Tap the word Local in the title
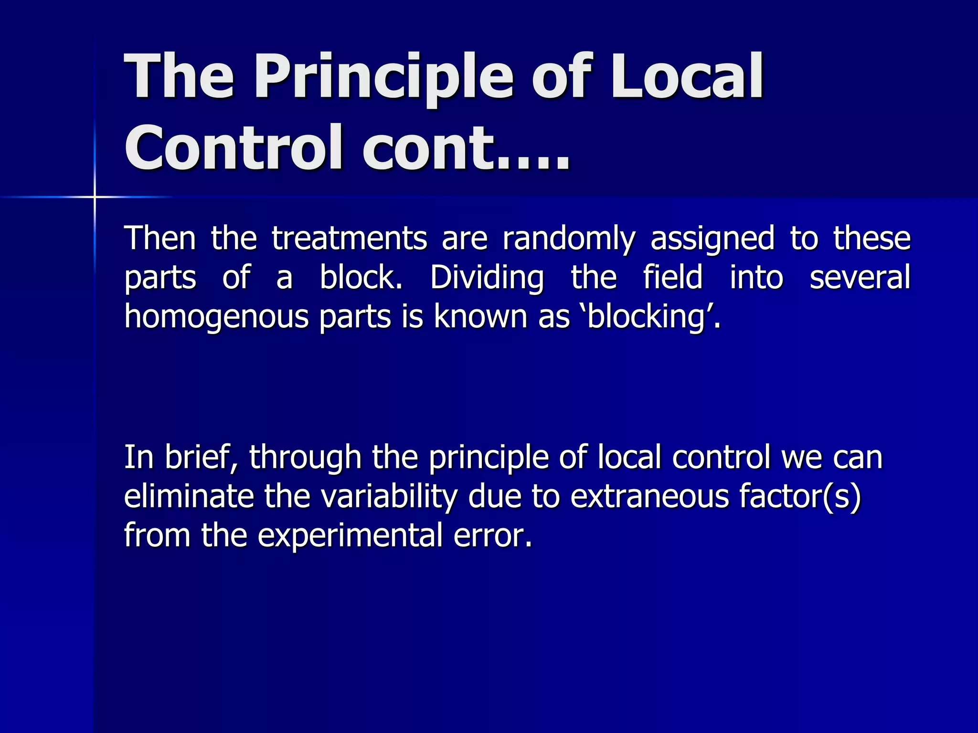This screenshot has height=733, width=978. click(x=688, y=76)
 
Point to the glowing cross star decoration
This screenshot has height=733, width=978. click(x=95, y=197)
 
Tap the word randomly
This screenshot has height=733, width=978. click(x=569, y=239)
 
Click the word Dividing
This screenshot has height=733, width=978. click(x=487, y=278)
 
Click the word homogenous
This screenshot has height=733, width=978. click(x=216, y=317)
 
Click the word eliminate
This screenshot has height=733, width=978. click(x=189, y=496)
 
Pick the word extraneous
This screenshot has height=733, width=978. click(x=649, y=496)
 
